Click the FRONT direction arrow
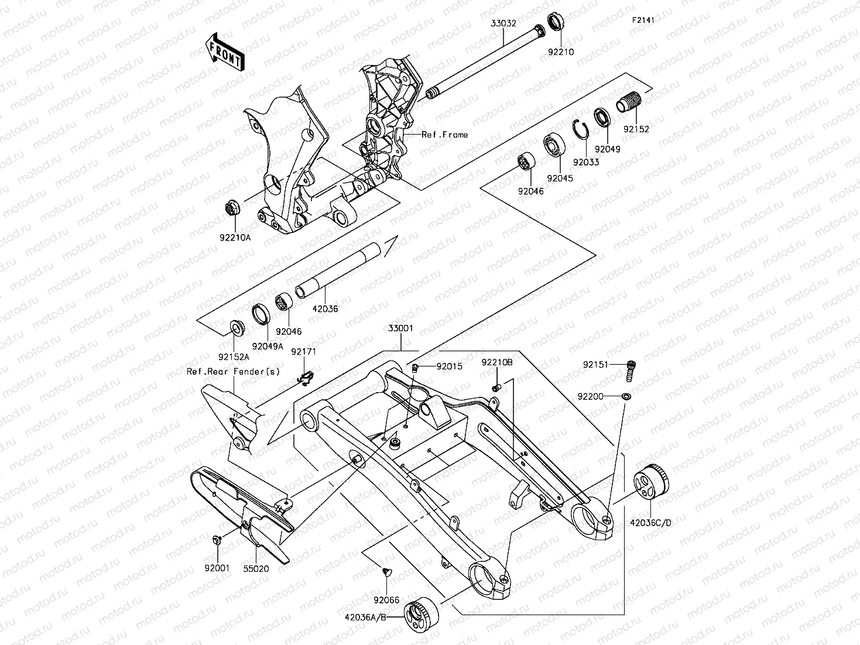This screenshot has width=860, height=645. [x=224, y=52]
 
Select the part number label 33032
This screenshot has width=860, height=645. [x=503, y=23]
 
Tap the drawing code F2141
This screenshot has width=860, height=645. [x=642, y=20]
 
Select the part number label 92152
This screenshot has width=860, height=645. [x=636, y=129]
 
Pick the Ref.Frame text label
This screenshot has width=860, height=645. [x=445, y=135]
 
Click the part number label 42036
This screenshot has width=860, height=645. [x=325, y=308]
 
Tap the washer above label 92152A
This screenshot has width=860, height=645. [x=237, y=325]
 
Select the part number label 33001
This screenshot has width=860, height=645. [x=400, y=328]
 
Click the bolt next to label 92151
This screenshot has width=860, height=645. [x=631, y=368]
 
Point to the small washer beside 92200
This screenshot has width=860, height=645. [x=626, y=396]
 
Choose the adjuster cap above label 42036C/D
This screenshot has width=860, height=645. [x=652, y=482]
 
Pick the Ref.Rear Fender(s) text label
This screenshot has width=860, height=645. [x=233, y=372]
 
